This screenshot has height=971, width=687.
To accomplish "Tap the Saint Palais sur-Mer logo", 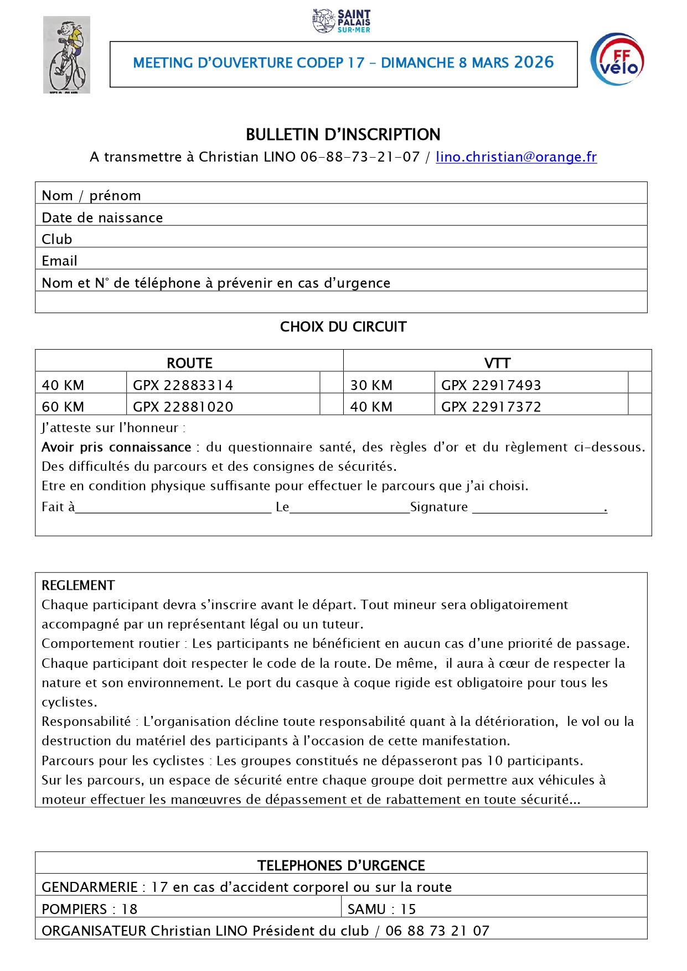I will (342, 21).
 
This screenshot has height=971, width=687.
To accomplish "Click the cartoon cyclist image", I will (66, 55).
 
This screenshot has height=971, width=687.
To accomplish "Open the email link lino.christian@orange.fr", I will (516, 157).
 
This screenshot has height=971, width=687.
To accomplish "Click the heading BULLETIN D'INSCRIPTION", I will (343, 134).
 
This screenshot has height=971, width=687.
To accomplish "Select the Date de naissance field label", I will (102, 217).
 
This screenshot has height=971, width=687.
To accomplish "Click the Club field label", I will (57, 239).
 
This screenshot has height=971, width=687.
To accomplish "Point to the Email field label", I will (59, 261).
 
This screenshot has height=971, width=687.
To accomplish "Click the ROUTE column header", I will (189, 363).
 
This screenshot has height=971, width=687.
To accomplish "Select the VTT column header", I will (497, 363).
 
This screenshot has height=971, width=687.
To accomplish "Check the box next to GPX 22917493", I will (639, 383).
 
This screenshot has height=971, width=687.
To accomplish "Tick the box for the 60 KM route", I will (332, 404).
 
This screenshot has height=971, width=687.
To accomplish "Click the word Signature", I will (439, 507).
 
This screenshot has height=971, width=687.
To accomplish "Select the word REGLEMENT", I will (78, 585).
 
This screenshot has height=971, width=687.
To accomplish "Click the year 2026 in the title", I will (534, 62).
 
